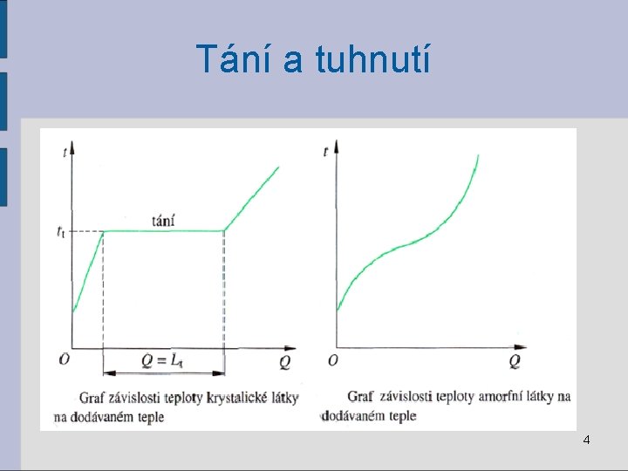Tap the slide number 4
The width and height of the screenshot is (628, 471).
586,440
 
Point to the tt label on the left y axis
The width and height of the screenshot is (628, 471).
59,232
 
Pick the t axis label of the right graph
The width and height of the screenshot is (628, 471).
325,151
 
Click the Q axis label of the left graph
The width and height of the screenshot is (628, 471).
286,361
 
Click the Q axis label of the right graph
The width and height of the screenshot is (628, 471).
515,360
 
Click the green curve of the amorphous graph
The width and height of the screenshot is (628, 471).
410,245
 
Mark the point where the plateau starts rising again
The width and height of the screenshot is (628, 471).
224,231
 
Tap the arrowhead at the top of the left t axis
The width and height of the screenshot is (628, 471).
73,143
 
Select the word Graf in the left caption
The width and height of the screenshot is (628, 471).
93,398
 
